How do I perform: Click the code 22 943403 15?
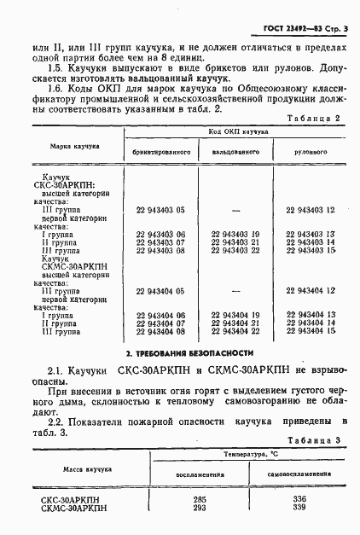click(311, 250)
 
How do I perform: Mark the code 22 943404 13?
click(311, 315)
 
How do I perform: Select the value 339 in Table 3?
click(299, 508)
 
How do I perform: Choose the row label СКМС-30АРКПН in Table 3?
click(74, 509)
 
